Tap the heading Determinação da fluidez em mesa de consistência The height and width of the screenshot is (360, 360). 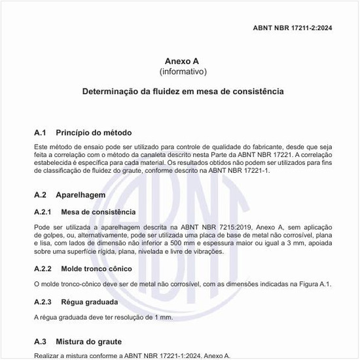coord(183,92)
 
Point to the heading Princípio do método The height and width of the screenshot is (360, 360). coord(94,132)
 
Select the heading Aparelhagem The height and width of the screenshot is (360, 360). coord(81,195)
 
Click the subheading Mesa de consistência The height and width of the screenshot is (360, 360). coord(98,212)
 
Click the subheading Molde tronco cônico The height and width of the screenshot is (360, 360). coord(96,269)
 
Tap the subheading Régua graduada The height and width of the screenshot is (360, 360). coord(89,302)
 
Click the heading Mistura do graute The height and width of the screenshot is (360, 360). coord(88,342)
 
